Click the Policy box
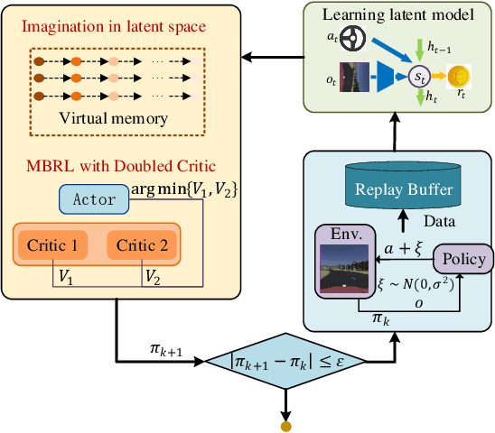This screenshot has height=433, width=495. [x=462, y=259]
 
